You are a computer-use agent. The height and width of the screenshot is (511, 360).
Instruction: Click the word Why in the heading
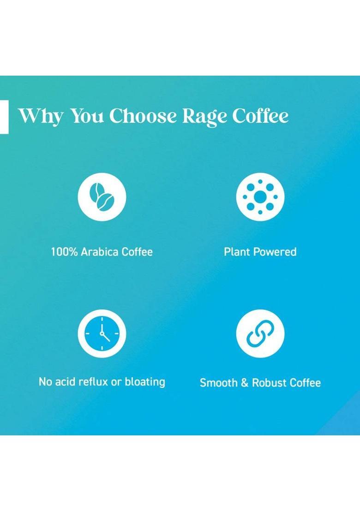[40, 116]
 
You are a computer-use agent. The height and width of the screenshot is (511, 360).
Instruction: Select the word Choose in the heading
[143, 116]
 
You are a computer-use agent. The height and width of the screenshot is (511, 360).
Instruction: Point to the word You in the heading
[87, 116]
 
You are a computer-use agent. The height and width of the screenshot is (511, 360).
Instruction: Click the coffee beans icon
[102, 197]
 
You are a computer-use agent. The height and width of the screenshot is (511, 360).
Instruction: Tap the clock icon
[102, 333]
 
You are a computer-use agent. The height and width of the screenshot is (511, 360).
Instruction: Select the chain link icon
[260, 333]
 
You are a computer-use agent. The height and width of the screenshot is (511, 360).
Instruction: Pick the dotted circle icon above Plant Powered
[260, 197]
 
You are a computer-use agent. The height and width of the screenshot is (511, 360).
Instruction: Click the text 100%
[64, 252]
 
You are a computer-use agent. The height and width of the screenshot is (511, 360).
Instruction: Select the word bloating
[143, 382]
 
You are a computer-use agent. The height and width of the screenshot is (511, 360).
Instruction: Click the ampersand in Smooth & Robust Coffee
[245, 383]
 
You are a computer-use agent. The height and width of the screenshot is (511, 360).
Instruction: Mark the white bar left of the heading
[4, 117]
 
